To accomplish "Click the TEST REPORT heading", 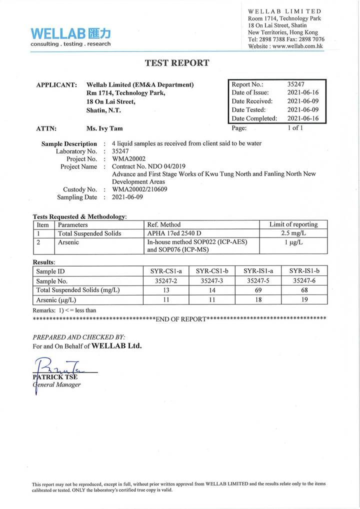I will (x=177, y=63).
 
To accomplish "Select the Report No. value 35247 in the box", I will (x=296, y=84).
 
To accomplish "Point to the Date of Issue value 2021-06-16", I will (x=302, y=92).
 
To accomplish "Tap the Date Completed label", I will (x=254, y=118).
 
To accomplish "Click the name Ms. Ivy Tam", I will (x=104, y=128).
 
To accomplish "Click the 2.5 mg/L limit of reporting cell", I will (x=293, y=233).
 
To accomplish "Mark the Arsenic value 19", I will (x=304, y=300).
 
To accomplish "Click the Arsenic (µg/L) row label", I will (x=56, y=300).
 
